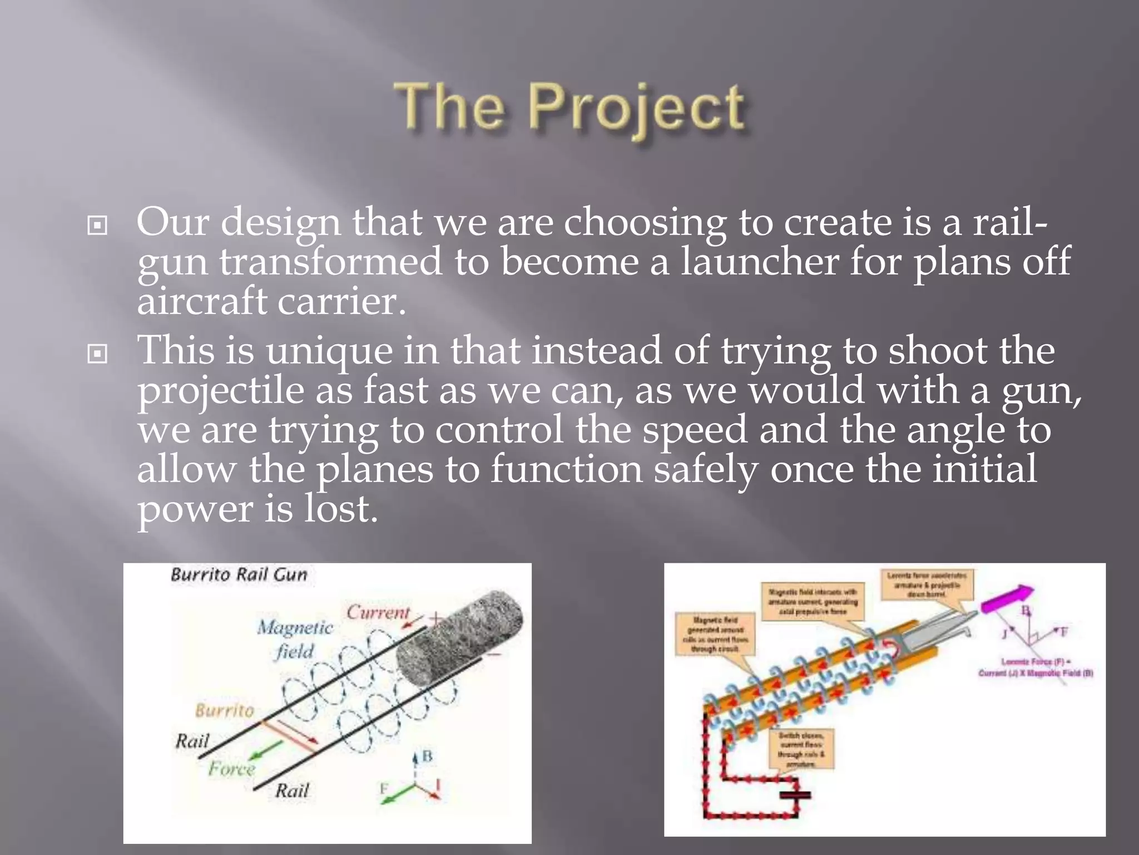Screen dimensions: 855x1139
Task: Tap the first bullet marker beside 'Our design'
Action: pyautogui.click(x=98, y=225)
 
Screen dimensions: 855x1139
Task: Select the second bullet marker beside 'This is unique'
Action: pyautogui.click(x=98, y=353)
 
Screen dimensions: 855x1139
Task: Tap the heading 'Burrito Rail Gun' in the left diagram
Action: pyautogui.click(x=239, y=574)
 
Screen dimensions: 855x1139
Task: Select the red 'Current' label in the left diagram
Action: pyautogui.click(x=378, y=612)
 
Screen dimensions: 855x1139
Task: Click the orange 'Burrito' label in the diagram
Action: pyautogui.click(x=224, y=710)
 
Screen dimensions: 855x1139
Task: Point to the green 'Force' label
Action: pyautogui.click(x=231, y=769)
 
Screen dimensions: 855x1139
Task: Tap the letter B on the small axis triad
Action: pyautogui.click(x=427, y=756)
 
